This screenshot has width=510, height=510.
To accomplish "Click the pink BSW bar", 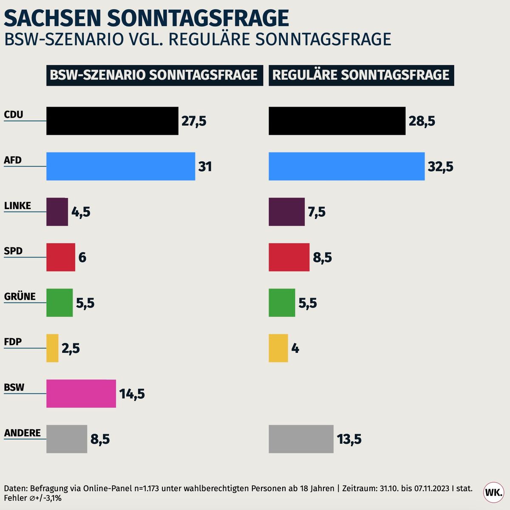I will pyautogui.click(x=81, y=394).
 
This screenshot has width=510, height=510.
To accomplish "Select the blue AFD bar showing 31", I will pyautogui.click(x=121, y=166).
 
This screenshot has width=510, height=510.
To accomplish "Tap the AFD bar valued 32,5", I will pyautogui.click(x=346, y=166).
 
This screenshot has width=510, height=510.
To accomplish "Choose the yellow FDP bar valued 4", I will pyautogui.click(x=278, y=348).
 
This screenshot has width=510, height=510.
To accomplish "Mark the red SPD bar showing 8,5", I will pyautogui.click(x=289, y=257).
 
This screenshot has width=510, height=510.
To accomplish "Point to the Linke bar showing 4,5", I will pyautogui.click(x=57, y=212).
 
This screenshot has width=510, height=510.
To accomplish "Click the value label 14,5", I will pyautogui.click(x=132, y=394).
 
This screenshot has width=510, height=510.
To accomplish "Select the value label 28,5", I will pyautogui.click(x=422, y=121).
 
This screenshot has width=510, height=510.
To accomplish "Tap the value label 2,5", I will pyautogui.click(x=71, y=348).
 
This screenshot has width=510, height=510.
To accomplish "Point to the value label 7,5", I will pyautogui.click(x=317, y=212).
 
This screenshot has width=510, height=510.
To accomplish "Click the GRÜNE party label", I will pyautogui.click(x=20, y=296).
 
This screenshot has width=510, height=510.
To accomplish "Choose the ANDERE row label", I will pyautogui.click(x=23, y=433).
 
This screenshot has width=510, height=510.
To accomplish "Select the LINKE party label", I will pyautogui.click(x=17, y=206).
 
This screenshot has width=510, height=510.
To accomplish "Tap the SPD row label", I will pyautogui.click(x=13, y=251).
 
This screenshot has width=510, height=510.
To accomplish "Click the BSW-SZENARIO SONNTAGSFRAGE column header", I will pyautogui.click(x=154, y=75).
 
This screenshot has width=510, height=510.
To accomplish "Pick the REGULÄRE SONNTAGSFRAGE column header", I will pyautogui.click(x=361, y=75).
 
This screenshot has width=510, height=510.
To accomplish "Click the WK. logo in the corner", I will pyautogui.click(x=493, y=493).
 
